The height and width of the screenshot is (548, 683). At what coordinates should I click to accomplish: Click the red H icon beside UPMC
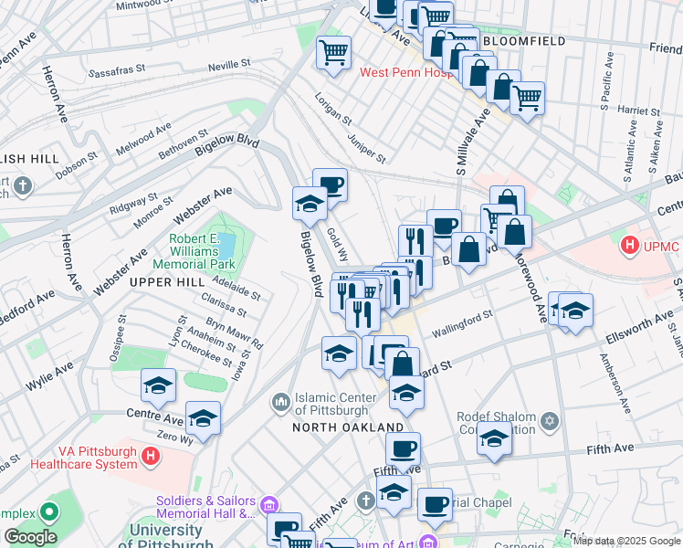(628, 246)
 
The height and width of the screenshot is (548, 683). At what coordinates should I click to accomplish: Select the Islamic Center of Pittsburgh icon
(280, 402)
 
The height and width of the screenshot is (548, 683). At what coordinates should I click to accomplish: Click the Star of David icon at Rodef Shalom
(550, 421)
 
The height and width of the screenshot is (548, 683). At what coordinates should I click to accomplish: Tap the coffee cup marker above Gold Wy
(330, 184)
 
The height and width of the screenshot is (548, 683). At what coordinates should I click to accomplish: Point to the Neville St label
(228, 65)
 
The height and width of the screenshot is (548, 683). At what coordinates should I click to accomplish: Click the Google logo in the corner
(29, 537)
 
